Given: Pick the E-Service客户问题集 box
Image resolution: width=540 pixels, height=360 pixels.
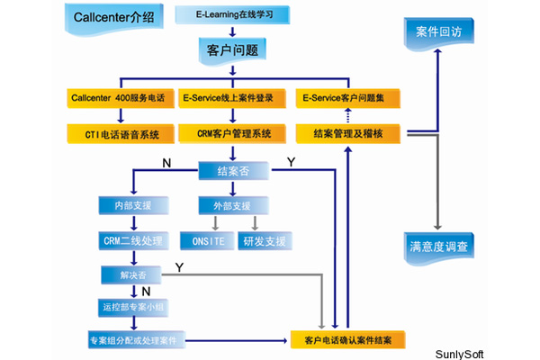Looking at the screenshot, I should point(350,96).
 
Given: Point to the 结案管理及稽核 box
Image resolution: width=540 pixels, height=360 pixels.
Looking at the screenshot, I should point(350,134).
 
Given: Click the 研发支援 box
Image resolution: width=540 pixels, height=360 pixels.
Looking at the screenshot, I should point(263,241).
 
